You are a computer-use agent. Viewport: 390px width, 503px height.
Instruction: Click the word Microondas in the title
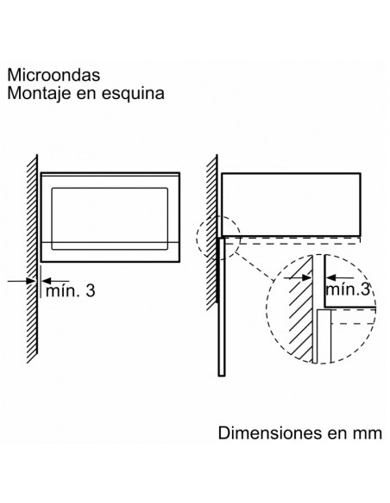[x=53, y=75]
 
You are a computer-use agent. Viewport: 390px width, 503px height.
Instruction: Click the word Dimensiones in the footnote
[x=270, y=432]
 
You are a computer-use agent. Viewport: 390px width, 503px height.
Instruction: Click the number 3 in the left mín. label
[x=91, y=290]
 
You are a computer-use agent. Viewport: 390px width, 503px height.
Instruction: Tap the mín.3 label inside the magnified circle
[x=348, y=289]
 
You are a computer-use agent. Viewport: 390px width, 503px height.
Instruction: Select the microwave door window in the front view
[x=110, y=219]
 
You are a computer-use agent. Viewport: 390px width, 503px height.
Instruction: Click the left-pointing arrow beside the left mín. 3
[x=55, y=281]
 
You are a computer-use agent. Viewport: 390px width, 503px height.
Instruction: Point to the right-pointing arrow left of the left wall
[x=22, y=281]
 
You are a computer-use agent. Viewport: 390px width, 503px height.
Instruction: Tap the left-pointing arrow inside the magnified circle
[x=340, y=278]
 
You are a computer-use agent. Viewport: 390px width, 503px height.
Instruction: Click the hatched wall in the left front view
[x=32, y=258]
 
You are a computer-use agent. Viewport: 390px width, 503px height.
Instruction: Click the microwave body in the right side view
[x=291, y=205]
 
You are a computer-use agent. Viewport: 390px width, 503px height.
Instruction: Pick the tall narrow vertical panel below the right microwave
[x=222, y=307]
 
